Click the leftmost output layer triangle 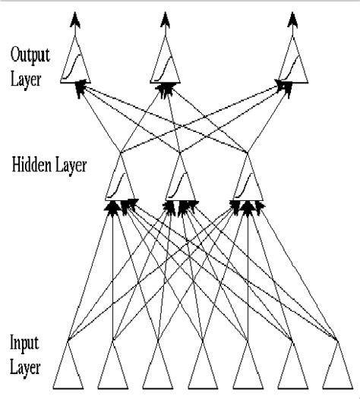pyautogui.click(x=76, y=67)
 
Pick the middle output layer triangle pyautogui.click(x=166, y=67)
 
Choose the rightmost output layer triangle pyautogui.click(x=293, y=67)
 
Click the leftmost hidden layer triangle pyautogui.click(x=120, y=182)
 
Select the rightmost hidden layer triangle pyautogui.click(x=248, y=182)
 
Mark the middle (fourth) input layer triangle pyautogui.click(x=202, y=368)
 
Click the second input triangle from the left pyautogui.click(x=113, y=368)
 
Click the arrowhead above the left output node pyautogui.click(x=74, y=18)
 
